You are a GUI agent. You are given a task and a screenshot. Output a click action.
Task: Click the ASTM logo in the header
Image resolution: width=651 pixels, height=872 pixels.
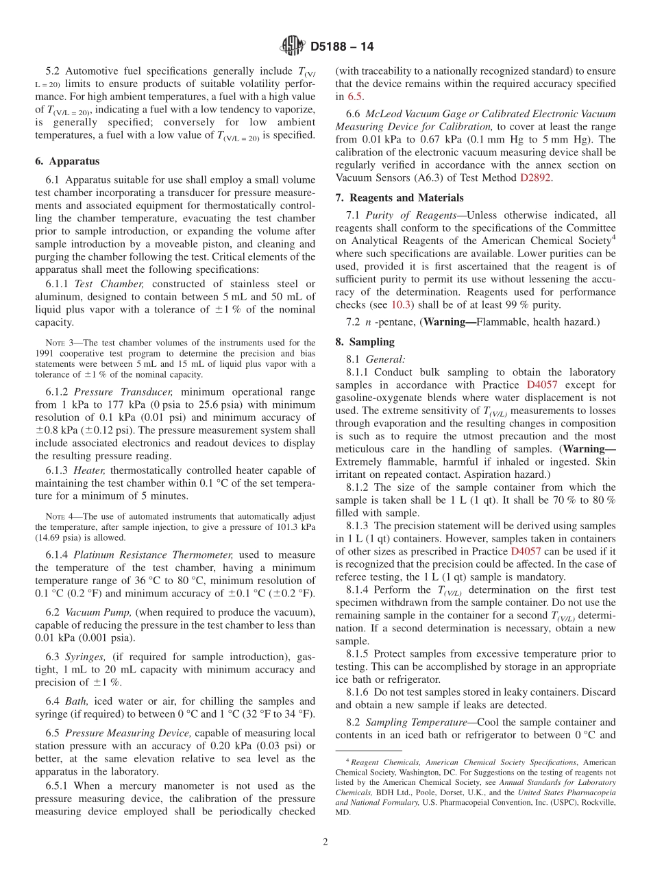click(x=293, y=47)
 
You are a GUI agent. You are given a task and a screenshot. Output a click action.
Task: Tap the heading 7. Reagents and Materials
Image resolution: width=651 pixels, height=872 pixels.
click(x=400, y=197)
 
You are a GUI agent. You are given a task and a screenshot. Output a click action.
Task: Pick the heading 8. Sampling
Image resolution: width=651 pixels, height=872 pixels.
click(x=365, y=341)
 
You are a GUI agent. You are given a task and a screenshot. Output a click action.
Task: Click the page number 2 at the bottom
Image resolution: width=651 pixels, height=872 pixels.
click(x=325, y=843)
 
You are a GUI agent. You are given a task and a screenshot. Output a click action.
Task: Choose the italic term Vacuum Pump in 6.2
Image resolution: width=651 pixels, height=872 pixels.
click(x=101, y=611)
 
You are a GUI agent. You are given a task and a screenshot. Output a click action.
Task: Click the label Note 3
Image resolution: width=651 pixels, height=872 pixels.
click(x=59, y=343)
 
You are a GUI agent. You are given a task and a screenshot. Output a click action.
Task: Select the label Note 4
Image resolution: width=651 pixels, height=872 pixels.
click(x=59, y=516)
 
